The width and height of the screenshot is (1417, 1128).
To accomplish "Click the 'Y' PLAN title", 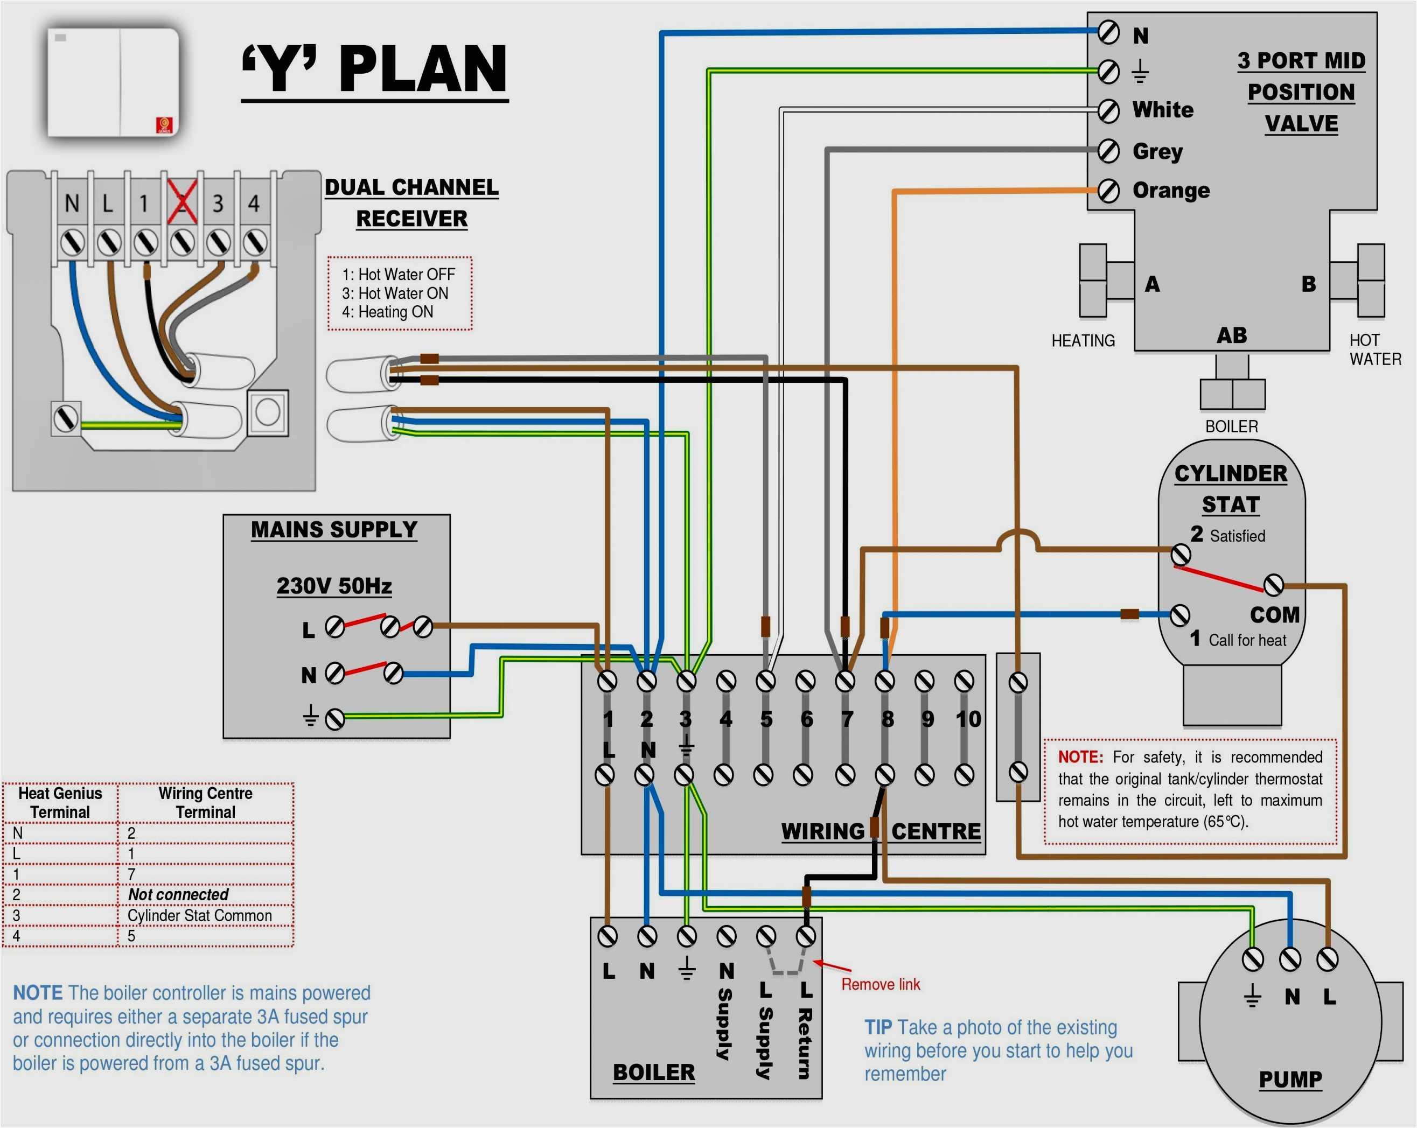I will point(375,69).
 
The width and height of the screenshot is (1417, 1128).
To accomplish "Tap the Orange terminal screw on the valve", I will point(1109,191).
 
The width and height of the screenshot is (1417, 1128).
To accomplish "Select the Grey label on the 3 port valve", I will point(1157,151).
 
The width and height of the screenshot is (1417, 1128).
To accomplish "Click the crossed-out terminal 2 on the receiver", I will point(182,202).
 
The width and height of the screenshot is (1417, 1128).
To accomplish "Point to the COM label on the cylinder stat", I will point(1274,614).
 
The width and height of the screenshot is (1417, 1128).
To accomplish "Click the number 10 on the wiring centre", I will point(967,719).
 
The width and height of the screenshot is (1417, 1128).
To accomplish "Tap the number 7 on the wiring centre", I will point(847,719).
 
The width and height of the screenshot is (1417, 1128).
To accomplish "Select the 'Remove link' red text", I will point(880,984).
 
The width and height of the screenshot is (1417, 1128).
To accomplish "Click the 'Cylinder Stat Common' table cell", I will point(199,915).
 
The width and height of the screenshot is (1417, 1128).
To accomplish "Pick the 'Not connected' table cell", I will point(178,894).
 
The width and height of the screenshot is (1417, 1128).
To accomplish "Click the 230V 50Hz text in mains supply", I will point(334,585).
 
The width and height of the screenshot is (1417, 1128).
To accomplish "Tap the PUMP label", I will point(1289,1080).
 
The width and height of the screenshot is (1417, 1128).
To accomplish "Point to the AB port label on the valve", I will point(1231,335).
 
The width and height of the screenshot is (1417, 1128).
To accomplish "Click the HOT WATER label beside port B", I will point(1374,349).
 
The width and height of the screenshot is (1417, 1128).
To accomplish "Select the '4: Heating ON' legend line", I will point(387,312).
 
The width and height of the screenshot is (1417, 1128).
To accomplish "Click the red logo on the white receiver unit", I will point(164,125).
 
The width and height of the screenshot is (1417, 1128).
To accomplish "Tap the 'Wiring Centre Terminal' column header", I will point(205,802).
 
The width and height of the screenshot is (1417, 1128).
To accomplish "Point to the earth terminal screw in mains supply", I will point(335,719).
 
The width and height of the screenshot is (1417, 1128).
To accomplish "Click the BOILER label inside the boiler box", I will point(653,1072).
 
